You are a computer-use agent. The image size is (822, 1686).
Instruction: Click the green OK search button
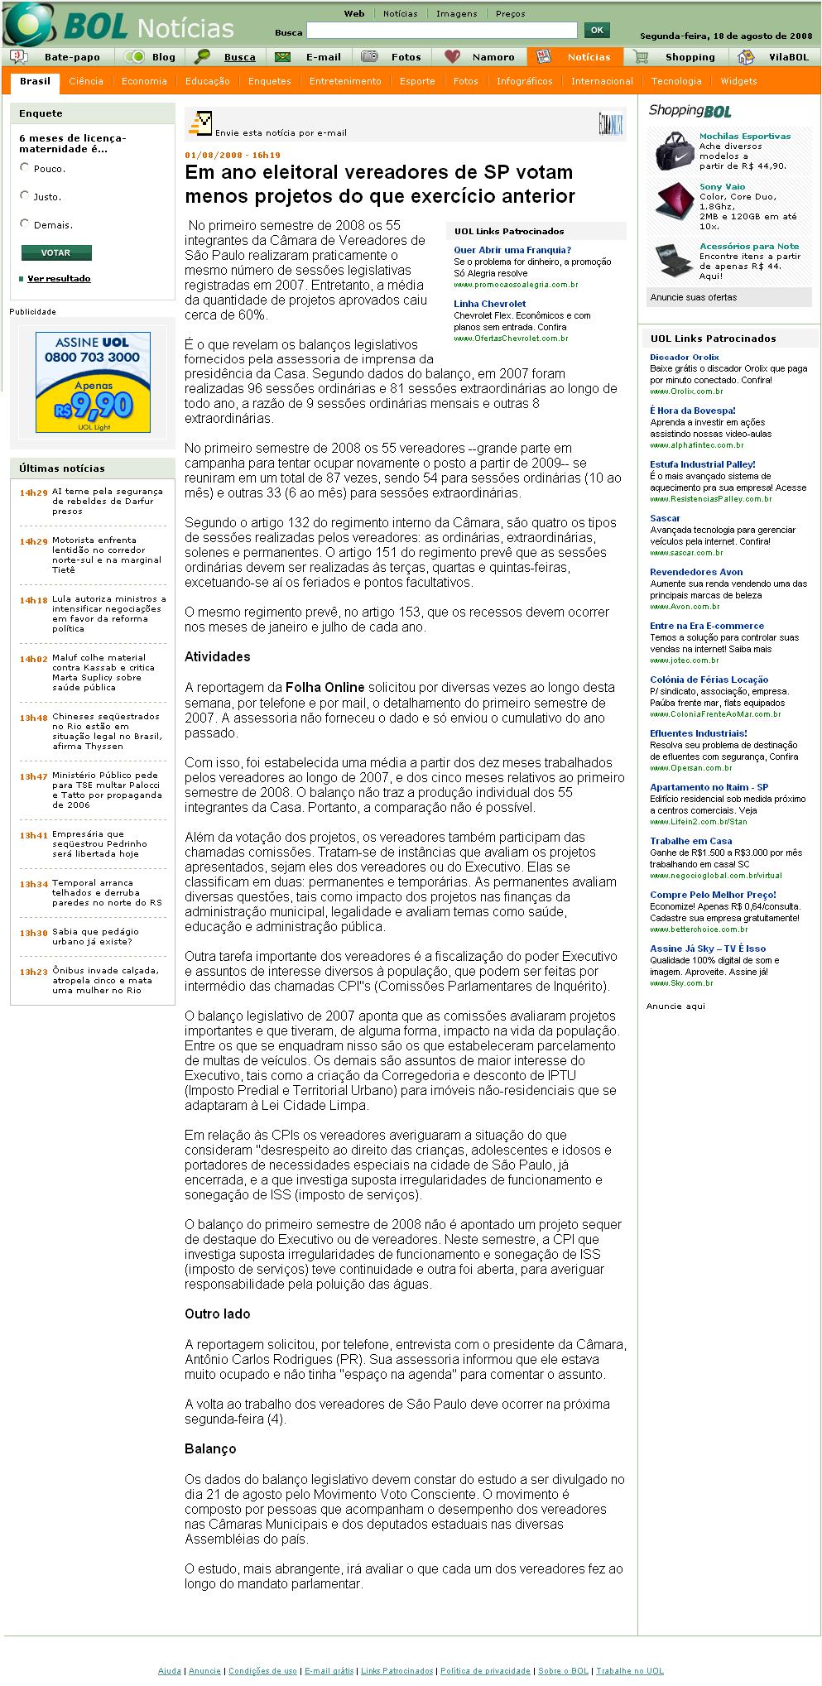tap(596, 31)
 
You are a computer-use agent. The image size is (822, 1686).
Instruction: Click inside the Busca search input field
tap(441, 31)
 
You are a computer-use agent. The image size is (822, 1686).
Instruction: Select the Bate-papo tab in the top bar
tap(72, 57)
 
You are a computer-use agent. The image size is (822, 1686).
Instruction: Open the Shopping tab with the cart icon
tap(690, 57)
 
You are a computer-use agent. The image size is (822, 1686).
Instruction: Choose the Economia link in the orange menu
tap(144, 81)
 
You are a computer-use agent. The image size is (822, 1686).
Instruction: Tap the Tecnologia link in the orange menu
tap(676, 81)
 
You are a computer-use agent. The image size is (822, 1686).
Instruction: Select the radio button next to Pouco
tap(25, 167)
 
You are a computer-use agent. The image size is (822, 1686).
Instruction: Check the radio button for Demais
tap(25, 223)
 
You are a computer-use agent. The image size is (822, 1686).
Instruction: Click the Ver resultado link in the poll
tap(59, 278)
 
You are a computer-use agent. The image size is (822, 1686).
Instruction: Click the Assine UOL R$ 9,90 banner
tap(93, 382)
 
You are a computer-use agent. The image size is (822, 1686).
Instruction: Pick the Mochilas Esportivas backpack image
tap(675, 151)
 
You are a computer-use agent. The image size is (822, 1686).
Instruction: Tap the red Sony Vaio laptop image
tap(675, 201)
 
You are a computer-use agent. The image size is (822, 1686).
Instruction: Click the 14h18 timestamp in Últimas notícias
tap(34, 600)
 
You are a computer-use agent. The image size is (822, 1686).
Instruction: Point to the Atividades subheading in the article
tap(217, 656)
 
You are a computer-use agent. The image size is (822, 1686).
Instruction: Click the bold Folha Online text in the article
tap(324, 687)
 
